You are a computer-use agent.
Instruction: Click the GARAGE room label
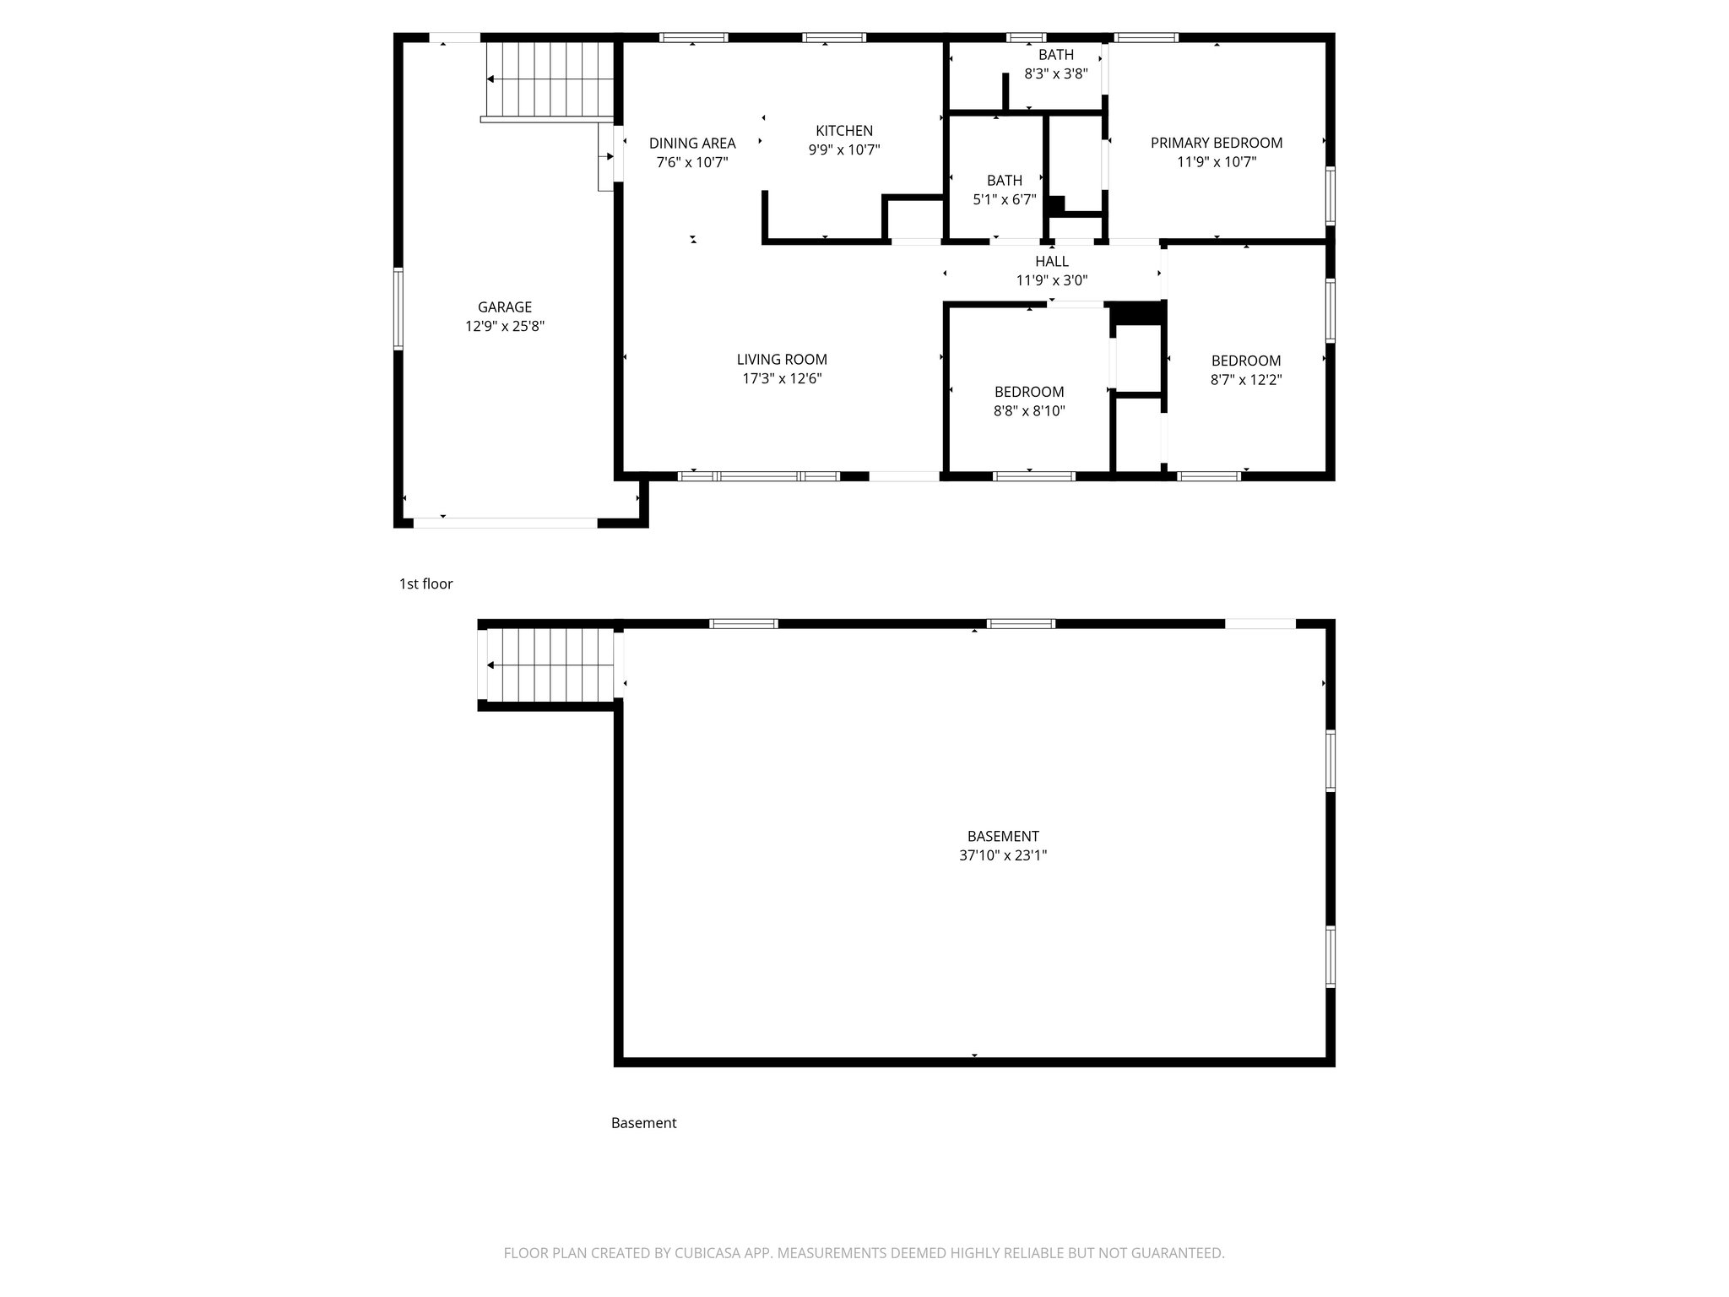click(x=505, y=307)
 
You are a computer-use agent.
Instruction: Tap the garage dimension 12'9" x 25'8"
click(x=505, y=327)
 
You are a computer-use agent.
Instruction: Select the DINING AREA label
click(x=692, y=144)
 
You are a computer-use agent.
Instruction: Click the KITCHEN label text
click(x=844, y=131)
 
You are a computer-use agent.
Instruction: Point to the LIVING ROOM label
click(x=782, y=360)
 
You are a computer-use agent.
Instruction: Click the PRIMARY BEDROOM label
click(x=1217, y=144)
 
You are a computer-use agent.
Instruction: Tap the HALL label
click(x=1052, y=262)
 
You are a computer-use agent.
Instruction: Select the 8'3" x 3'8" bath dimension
click(x=1056, y=74)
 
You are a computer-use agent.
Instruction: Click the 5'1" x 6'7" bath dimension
click(x=1005, y=200)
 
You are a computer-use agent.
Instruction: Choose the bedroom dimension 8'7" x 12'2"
click(x=1246, y=380)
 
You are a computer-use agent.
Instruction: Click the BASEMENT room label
click(x=1003, y=837)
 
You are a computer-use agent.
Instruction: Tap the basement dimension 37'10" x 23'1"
click(x=1003, y=855)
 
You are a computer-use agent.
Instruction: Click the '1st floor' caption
click(x=425, y=584)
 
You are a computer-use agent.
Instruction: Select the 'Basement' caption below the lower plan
click(x=643, y=1123)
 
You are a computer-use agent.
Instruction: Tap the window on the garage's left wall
click(x=398, y=308)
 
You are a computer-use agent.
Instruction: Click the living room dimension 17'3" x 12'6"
click(x=782, y=379)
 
